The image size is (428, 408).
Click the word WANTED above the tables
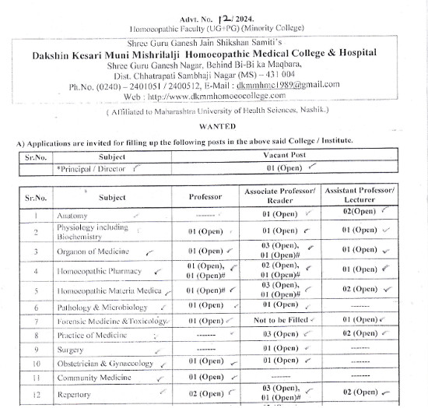pos(218,125)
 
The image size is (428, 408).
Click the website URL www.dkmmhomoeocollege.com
pos(218,96)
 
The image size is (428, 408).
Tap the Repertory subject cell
pos(75,394)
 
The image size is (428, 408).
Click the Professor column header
pos(205,198)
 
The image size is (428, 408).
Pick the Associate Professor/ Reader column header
pos(280,196)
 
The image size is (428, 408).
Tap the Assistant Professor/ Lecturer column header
pos(359,196)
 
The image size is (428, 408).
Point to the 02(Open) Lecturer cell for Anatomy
pos(359,213)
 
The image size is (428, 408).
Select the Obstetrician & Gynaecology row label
pos(104,364)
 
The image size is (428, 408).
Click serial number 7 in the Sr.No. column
pos(36,321)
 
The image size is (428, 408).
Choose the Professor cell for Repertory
pos(206,393)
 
